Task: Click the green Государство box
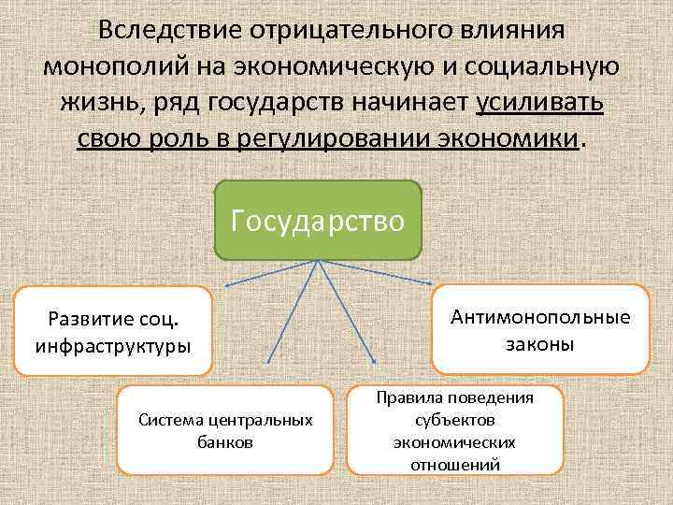tap(318, 220)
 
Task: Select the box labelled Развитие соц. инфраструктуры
tap(113, 331)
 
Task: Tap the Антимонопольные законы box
tap(540, 329)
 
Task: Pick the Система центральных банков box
tap(224, 430)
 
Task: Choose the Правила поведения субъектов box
tap(455, 430)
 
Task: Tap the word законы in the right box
tap(540, 343)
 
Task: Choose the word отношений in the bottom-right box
tap(455, 464)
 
